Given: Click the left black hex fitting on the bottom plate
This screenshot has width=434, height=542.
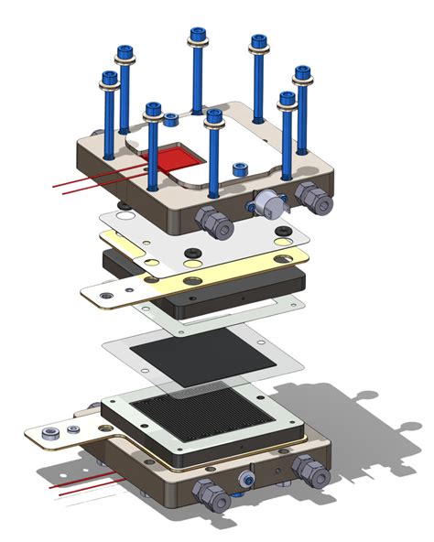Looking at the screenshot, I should tap(212, 494).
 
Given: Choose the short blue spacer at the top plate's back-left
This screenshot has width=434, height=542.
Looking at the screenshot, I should tap(170, 119).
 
